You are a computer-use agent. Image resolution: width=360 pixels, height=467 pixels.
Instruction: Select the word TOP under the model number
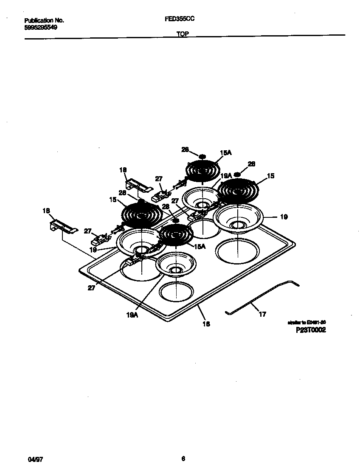183,34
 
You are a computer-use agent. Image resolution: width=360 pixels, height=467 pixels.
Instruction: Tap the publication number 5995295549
41,27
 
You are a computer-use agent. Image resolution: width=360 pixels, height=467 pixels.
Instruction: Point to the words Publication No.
44,20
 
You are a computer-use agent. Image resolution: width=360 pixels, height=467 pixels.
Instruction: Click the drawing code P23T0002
311,330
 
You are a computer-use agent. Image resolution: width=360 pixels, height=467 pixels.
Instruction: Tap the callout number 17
262,315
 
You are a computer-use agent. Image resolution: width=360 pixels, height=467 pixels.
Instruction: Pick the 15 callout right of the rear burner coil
270,175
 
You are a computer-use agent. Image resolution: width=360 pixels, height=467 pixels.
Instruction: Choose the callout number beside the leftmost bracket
46,211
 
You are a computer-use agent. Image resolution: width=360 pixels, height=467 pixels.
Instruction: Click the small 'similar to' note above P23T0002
307,323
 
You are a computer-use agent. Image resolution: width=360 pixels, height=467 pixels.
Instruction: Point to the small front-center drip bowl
176,265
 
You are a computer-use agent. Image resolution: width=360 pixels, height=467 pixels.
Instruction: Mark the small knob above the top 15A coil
202,156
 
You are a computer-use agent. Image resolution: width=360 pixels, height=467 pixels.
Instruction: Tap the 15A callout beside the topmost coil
226,152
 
